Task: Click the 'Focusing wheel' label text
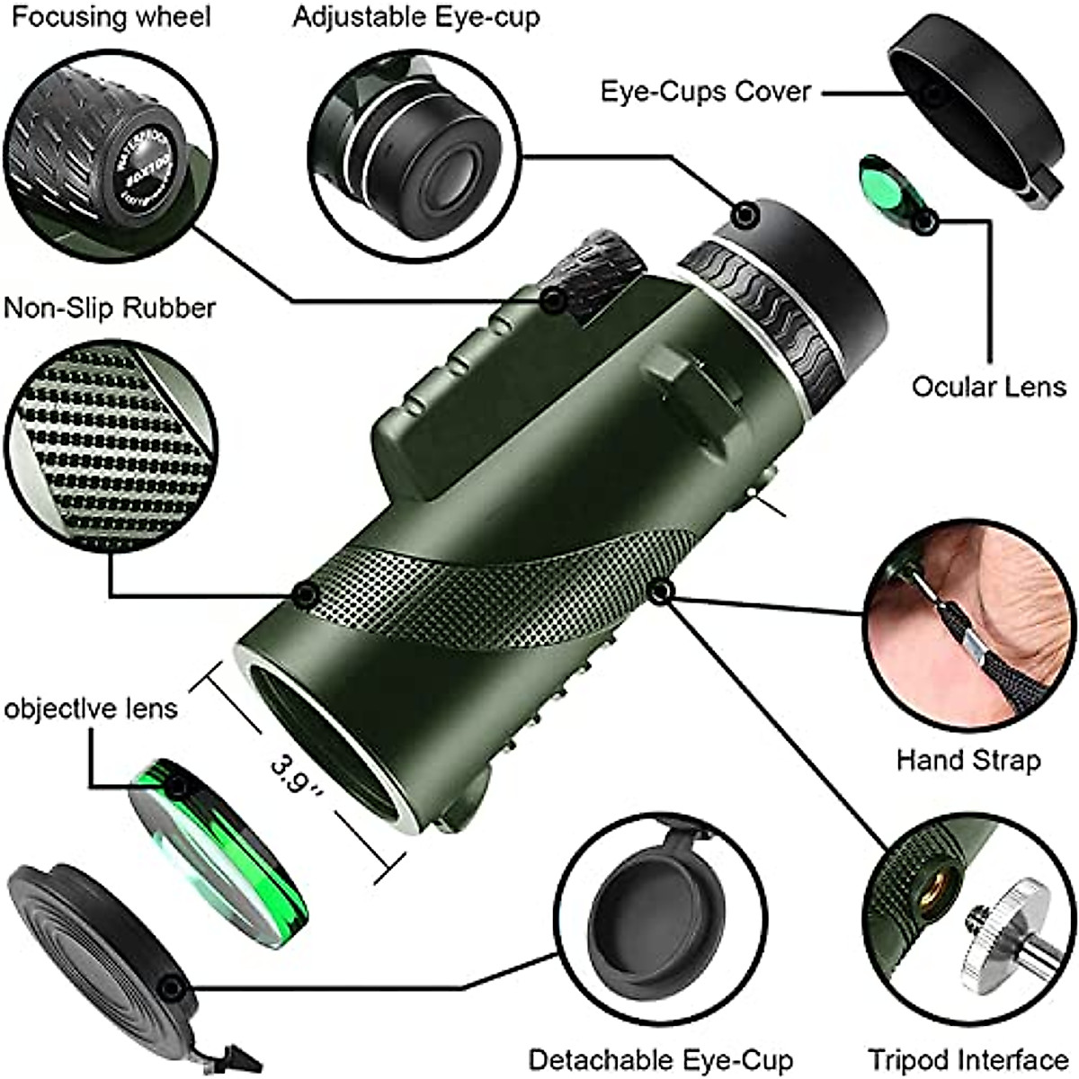(x=111, y=18)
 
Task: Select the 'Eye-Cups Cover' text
(x=706, y=91)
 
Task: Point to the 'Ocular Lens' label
(x=988, y=387)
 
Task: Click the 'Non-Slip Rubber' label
(x=111, y=308)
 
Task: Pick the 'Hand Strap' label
(x=968, y=760)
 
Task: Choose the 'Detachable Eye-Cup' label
(x=661, y=1059)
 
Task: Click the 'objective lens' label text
(x=92, y=708)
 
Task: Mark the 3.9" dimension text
(x=298, y=774)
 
